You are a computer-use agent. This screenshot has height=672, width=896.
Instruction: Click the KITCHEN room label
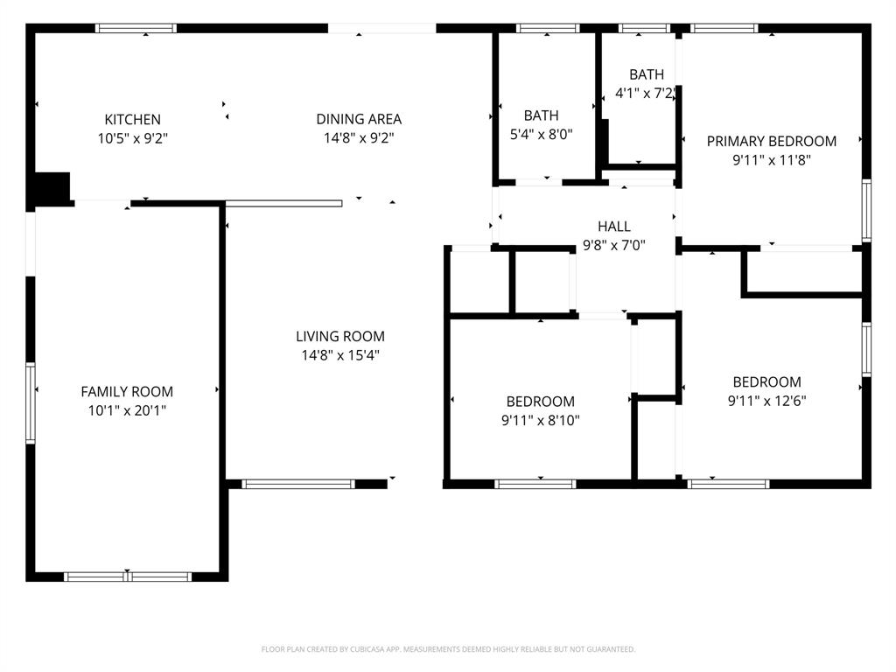click(132, 119)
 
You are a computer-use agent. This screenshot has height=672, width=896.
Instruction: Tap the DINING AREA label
click(359, 119)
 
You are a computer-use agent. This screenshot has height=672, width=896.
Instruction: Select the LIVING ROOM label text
click(339, 336)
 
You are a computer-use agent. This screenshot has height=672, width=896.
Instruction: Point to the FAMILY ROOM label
click(127, 391)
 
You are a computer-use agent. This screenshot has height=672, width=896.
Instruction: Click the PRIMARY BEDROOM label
click(771, 141)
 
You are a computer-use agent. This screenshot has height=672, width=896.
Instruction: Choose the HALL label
click(613, 227)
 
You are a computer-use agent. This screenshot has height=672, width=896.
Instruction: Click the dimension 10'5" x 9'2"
click(132, 137)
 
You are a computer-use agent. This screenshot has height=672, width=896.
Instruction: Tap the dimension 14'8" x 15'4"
click(339, 355)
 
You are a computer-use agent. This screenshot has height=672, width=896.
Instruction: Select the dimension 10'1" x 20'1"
click(127, 409)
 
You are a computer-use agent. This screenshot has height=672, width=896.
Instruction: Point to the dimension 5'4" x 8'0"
click(541, 134)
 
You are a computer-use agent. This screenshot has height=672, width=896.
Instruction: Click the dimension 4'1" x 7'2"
click(644, 94)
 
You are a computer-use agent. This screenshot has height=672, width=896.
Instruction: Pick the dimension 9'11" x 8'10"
click(540, 420)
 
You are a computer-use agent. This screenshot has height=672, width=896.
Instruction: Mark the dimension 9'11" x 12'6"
click(766, 401)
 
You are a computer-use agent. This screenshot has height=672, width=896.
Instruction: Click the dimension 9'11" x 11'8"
click(771, 160)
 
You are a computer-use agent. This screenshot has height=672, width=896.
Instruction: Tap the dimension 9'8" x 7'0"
click(613, 246)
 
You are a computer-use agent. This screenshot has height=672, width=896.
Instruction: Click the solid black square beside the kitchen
click(52, 188)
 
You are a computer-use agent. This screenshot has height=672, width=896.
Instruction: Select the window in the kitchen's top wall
click(136, 29)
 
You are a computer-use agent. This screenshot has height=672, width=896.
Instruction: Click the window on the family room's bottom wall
click(128, 577)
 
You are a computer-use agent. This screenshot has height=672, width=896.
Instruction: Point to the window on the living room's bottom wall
click(298, 483)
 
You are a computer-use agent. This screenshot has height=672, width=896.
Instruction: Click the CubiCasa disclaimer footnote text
click(448, 649)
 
